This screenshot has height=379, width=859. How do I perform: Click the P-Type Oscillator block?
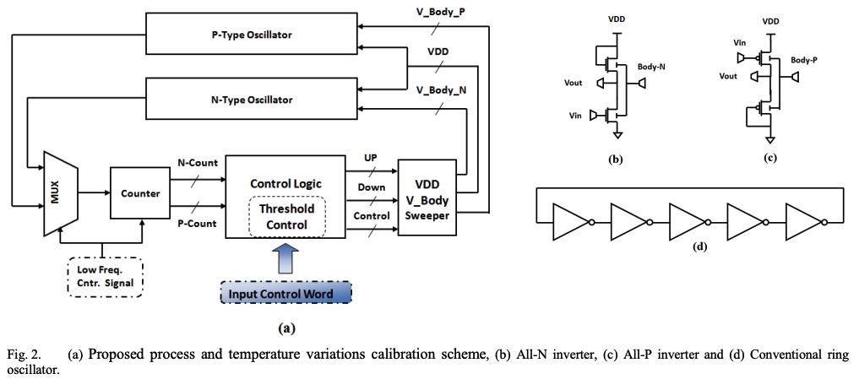[x=252, y=35]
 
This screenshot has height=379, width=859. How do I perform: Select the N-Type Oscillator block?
[x=252, y=99]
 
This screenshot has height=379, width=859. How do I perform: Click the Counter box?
[x=140, y=193]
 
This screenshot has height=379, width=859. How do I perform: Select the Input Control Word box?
[x=285, y=294]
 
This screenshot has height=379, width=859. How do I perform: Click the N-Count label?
[x=197, y=162]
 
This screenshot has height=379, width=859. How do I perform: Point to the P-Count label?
[x=197, y=224]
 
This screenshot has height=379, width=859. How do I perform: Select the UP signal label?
[x=371, y=158]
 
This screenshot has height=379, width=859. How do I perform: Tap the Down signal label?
[x=372, y=187]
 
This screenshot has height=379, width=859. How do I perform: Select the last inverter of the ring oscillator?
[x=803, y=221]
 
